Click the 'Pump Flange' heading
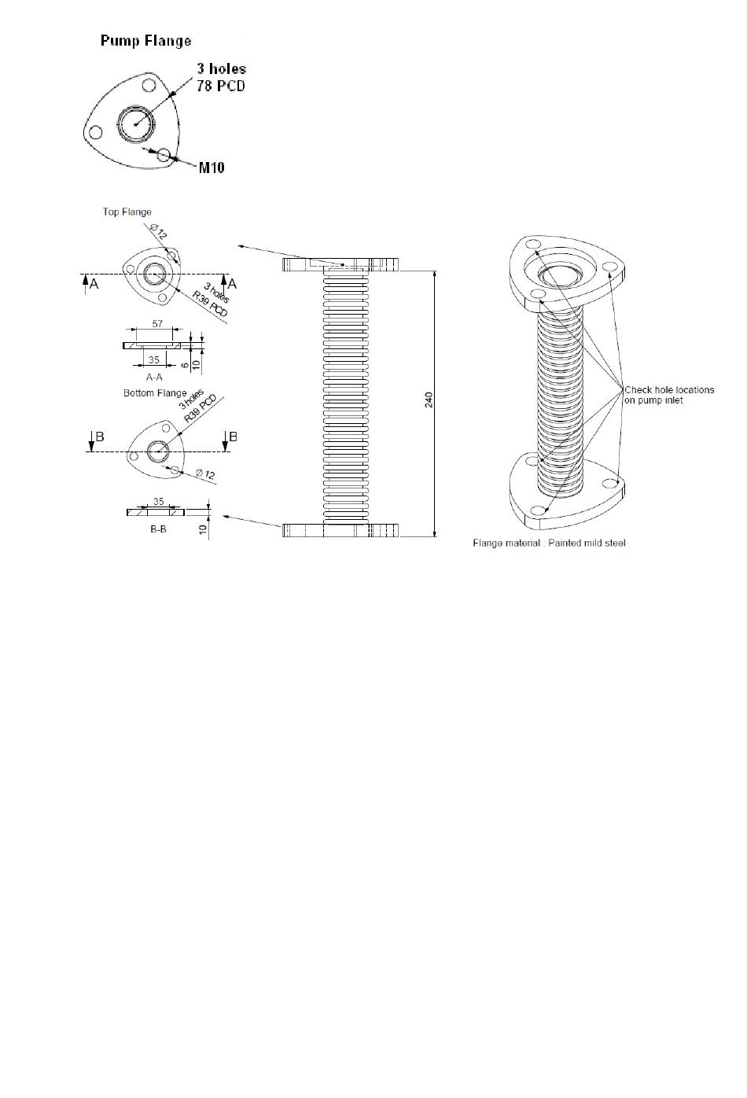145,41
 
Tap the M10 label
212,168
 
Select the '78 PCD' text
221,86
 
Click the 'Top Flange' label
127,212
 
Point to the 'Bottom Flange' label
155,393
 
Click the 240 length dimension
429,400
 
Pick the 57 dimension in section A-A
156,323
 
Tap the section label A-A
154,377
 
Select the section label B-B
158,529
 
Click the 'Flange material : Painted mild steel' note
549,543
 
